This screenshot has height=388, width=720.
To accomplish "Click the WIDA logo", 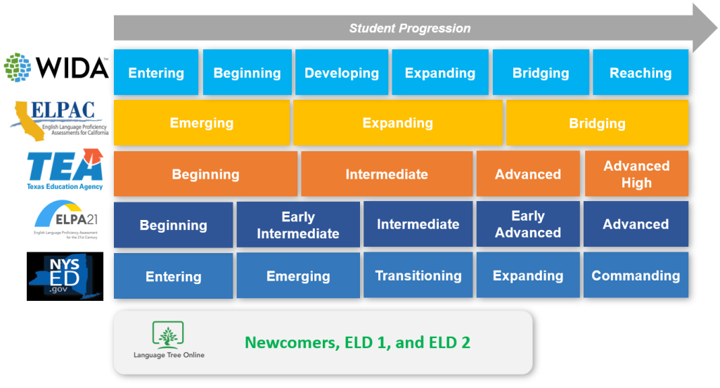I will coord(56,68).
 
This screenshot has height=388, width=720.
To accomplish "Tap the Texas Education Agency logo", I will coord(65,169).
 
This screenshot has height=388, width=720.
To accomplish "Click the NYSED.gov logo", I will coord(65,276).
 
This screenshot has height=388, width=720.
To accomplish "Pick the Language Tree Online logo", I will coord(169,341).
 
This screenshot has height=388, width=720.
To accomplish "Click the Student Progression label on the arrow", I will coord(410,29).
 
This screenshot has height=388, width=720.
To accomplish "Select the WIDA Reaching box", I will coord(641,72).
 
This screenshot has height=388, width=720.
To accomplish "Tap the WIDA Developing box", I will coord(342,72).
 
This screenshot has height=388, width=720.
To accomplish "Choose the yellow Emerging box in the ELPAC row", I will coord(201,123).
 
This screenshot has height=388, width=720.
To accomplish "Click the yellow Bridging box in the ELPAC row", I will coord(597,123).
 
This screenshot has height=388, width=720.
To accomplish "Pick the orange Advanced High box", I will coord(636,174).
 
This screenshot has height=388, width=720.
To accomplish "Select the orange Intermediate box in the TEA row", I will coord(387,174).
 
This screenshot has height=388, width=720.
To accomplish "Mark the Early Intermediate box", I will coord(298,225).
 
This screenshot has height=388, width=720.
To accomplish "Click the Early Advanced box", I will coord(528,224).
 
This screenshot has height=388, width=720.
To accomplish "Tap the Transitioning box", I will coord(418,276).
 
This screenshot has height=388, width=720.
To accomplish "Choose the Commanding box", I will coord(636,276).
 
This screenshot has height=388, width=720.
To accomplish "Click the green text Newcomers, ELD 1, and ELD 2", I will coord(357,342).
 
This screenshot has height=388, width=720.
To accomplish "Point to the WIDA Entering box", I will coord(156,72).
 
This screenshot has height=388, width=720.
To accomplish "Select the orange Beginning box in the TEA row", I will coord(205,174).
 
